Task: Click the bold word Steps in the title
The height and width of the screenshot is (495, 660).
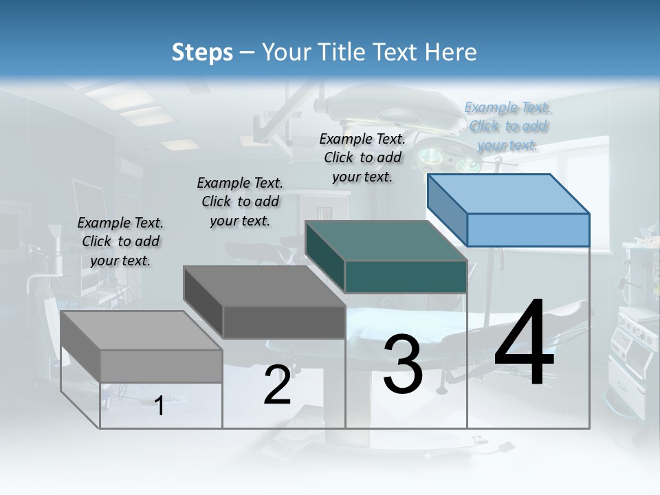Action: [202, 52]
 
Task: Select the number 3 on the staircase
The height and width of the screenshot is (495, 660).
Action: [403, 364]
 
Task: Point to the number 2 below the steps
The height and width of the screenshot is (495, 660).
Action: [277, 386]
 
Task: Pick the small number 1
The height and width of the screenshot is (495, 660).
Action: [159, 406]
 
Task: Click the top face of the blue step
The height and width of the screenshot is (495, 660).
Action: [507, 193]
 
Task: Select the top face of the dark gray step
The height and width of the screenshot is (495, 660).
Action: [265, 285]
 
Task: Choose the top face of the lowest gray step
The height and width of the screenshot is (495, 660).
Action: [142, 331]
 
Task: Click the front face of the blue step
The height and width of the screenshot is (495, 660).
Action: [528, 230]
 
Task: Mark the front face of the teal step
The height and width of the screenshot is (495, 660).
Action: [406, 277]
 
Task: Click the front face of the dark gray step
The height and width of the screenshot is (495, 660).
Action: [284, 322]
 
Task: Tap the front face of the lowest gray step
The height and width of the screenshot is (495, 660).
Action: [161, 366]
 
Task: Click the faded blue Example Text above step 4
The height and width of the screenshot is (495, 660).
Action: [507, 126]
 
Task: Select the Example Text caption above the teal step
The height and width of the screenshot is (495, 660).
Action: [362, 157]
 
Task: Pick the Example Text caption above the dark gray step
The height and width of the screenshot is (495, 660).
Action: [240, 201]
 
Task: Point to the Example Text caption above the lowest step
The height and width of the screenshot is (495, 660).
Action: [120, 241]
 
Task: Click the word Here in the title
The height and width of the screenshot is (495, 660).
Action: [452, 52]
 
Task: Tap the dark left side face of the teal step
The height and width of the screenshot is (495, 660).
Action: [325, 257]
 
